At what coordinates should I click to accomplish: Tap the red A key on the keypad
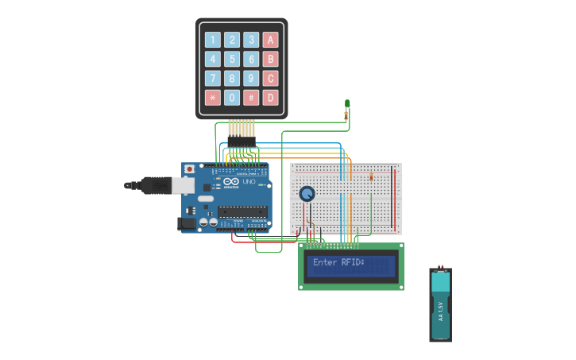[x=270, y=40]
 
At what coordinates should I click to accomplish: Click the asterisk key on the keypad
[x=212, y=98]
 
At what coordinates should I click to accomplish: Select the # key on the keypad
[x=251, y=98]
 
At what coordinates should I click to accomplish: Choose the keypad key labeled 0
[x=232, y=98]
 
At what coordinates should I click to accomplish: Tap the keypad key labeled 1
[x=212, y=40]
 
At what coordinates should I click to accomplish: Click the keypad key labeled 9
[x=251, y=79]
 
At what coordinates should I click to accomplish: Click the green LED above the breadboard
[x=347, y=103]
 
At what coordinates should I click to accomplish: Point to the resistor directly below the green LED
[x=346, y=116]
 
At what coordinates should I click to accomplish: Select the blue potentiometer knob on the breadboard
[x=307, y=193]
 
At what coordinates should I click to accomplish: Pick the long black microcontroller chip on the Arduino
[x=242, y=211]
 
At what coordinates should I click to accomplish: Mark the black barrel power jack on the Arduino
[x=187, y=224]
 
